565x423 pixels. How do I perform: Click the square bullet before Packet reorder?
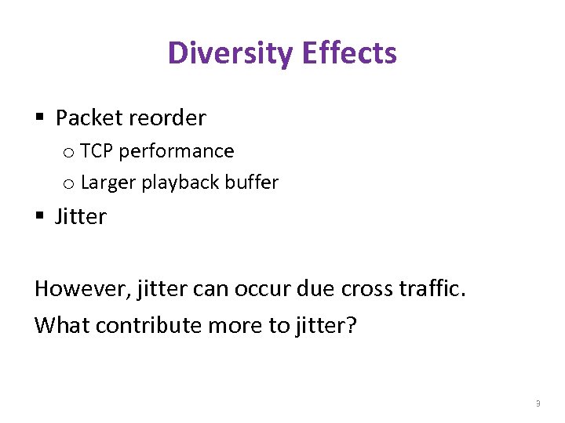(x=39, y=118)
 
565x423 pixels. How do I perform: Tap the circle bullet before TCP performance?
(x=68, y=152)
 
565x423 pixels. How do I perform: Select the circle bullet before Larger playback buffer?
(x=68, y=183)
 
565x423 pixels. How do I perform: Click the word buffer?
(x=252, y=183)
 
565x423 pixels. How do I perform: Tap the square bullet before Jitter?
(x=39, y=216)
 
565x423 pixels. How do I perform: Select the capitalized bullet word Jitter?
(x=81, y=216)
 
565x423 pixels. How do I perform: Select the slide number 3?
(x=538, y=403)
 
